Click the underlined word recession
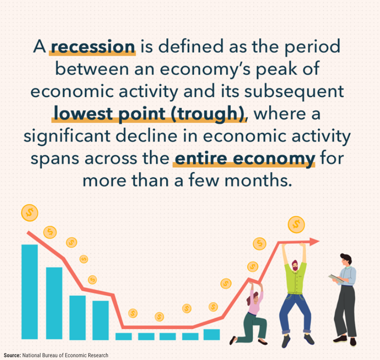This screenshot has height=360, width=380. click(x=93, y=47)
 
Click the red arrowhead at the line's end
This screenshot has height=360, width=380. click(x=315, y=241)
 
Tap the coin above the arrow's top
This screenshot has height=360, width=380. click(x=296, y=225)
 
